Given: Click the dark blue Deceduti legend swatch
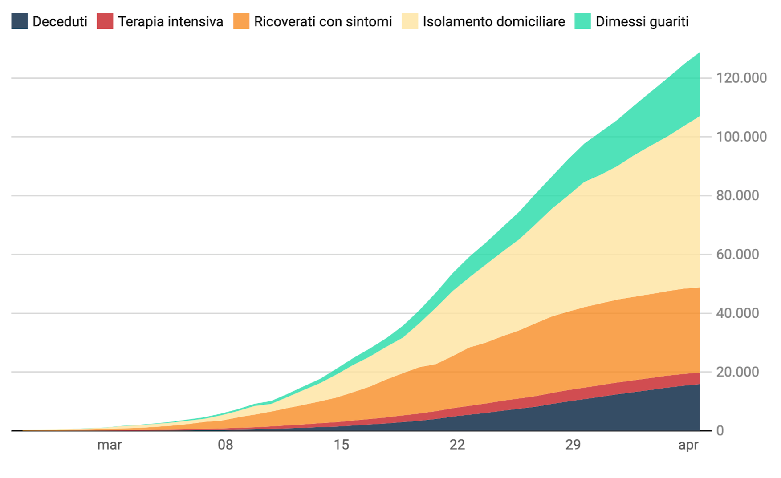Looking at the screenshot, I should click(20, 21).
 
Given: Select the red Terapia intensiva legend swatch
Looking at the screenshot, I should click(105, 21).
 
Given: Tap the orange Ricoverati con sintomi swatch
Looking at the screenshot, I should click(241, 21).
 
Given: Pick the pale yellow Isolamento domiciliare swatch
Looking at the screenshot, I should click(410, 21).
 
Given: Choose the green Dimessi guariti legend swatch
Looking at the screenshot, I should click(582, 21).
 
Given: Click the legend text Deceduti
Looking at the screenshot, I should click(60, 21).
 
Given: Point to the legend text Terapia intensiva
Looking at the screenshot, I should click(171, 21).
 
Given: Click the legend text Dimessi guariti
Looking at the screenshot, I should click(642, 21).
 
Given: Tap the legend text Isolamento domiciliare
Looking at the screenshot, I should click(494, 21).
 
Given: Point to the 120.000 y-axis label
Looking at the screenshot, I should click(741, 78).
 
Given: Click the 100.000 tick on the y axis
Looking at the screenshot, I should click(741, 137).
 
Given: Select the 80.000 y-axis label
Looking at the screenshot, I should click(737, 195).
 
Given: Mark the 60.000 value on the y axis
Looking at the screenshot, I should click(737, 254).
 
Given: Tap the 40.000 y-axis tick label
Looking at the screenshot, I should click(737, 313).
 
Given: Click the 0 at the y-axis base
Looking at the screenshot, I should click(720, 430).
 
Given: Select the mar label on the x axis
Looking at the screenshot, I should click(110, 445).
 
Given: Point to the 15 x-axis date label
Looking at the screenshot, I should click(342, 445).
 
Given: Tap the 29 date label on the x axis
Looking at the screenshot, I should click(573, 445).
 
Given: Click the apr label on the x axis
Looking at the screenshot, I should click(688, 445).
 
